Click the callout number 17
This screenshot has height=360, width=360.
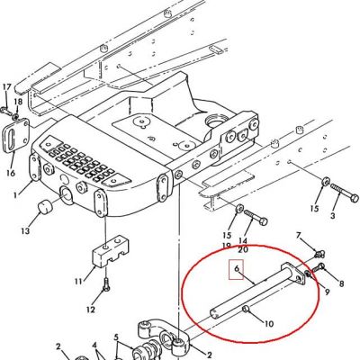[7, 87]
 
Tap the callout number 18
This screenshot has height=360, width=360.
[18, 102]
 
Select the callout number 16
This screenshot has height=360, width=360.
[11, 173]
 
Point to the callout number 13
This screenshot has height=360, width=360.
[26, 231]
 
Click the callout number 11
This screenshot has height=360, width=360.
[79, 282]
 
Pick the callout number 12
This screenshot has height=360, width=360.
[91, 310]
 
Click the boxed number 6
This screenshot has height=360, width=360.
[237, 268]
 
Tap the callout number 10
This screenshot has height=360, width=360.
[269, 324]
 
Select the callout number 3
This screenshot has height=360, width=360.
[332, 215]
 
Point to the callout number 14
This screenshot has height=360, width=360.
[243, 240]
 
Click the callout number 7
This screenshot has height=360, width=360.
[298, 235]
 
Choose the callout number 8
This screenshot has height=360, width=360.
[341, 283]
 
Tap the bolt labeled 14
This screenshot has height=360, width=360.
[256, 218]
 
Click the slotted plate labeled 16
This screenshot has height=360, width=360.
[16, 136]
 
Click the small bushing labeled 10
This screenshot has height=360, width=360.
[246, 309]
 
